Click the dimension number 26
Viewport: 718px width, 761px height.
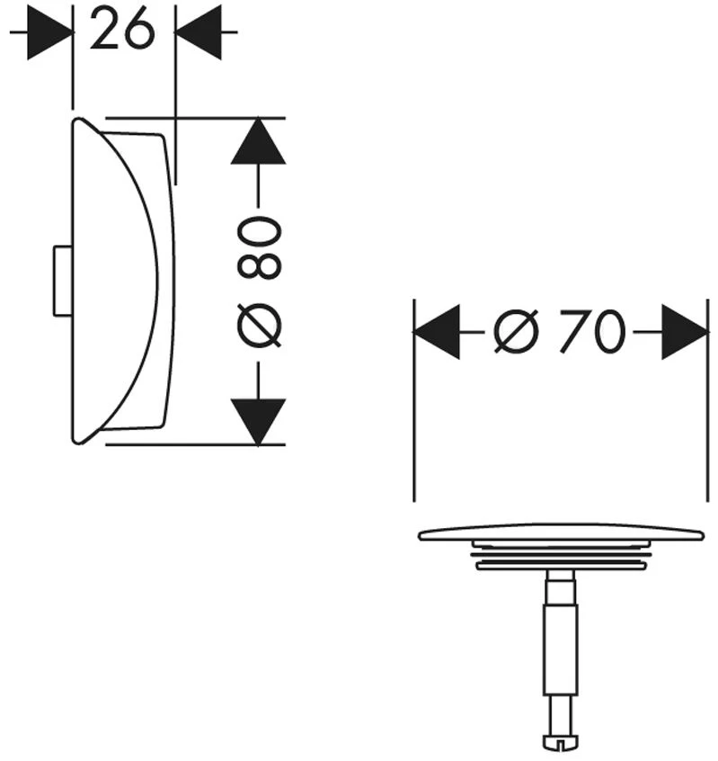[122, 30]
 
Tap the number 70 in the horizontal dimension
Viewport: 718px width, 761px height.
[592, 332]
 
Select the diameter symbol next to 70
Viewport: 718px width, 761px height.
[517, 332]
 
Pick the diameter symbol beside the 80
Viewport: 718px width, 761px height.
[260, 325]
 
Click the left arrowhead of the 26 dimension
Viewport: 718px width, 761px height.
[49, 32]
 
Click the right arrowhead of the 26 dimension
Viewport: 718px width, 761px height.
[198, 32]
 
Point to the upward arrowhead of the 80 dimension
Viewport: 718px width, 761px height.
[259, 140]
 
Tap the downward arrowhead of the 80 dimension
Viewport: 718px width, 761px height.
[259, 422]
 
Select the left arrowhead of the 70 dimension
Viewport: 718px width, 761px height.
[437, 332]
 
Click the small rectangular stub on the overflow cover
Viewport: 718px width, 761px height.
[63, 282]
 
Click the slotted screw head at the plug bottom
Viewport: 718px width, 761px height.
[561, 741]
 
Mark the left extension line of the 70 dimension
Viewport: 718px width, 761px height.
[414, 400]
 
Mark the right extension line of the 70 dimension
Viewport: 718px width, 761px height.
[708, 400]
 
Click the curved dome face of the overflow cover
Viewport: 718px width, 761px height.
[115, 282]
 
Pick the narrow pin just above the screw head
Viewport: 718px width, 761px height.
[561, 715]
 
